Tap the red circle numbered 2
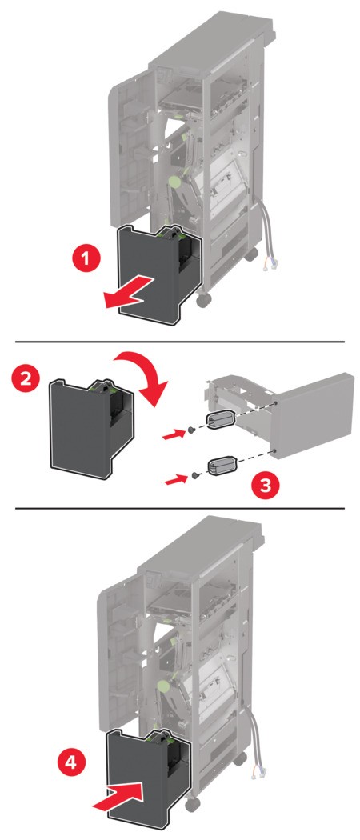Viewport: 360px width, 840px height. (26, 378)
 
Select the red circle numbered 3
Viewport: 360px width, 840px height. (265, 486)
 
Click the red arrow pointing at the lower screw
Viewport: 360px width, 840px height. (174, 479)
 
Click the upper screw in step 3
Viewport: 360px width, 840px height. (190, 430)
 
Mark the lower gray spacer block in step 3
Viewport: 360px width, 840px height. (222, 464)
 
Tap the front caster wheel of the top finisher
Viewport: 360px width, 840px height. (203, 301)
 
